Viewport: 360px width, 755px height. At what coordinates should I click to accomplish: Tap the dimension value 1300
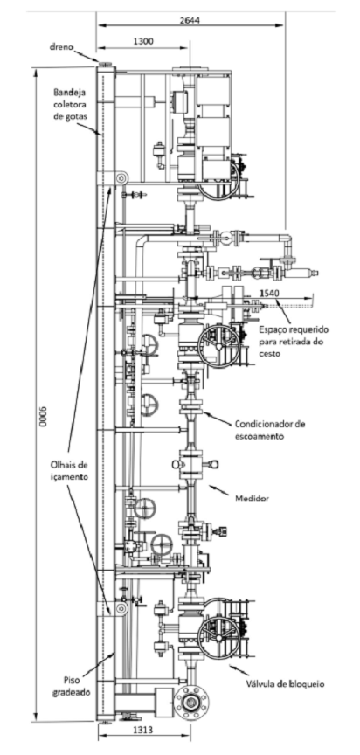(x=143, y=42)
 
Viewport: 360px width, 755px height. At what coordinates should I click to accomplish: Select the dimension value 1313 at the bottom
(x=142, y=730)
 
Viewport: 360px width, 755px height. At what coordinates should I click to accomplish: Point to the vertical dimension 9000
(x=44, y=418)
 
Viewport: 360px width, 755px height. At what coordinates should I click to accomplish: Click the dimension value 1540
(x=269, y=293)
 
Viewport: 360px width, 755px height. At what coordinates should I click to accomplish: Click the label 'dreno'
(x=60, y=46)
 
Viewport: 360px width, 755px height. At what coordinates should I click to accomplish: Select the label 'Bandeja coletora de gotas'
(x=69, y=103)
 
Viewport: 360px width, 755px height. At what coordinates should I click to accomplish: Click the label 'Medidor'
(x=252, y=499)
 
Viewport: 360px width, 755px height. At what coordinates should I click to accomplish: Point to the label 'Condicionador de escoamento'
(x=270, y=431)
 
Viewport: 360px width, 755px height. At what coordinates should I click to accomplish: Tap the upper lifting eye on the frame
(x=121, y=178)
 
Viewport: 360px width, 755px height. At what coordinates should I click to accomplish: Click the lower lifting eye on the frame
(x=121, y=608)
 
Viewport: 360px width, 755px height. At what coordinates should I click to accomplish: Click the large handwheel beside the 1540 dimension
(x=219, y=346)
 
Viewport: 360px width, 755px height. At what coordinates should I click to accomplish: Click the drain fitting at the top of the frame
(x=105, y=64)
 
